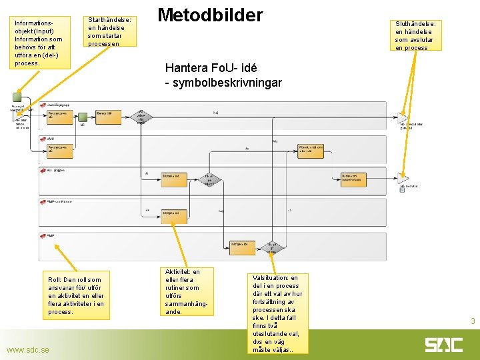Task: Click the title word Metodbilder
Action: [x=210, y=15]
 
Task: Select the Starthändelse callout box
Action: [x=110, y=32]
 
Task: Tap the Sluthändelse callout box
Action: [x=415, y=35]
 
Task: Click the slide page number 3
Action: [x=472, y=322]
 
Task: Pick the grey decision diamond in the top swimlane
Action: [x=141, y=117]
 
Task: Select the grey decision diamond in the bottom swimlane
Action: [x=271, y=248]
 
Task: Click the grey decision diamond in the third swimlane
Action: [x=209, y=179]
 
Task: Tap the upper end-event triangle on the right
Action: [x=403, y=117]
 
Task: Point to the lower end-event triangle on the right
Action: [x=403, y=178]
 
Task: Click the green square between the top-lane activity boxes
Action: [x=83, y=116]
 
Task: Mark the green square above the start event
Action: [x=17, y=97]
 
